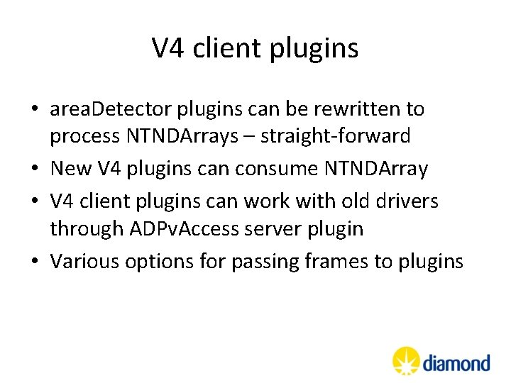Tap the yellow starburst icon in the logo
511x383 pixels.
tap(407, 361)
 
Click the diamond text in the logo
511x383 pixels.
tap(456, 363)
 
